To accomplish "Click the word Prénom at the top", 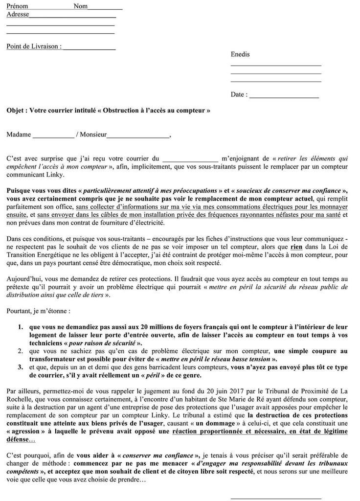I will tap(17, 6).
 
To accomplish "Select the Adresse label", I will tap(18, 14).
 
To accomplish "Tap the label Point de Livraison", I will tap(33, 46).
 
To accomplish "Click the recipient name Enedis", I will tap(240, 54).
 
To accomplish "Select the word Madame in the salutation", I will tap(19, 135).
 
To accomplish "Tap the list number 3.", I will tap(20, 366).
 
